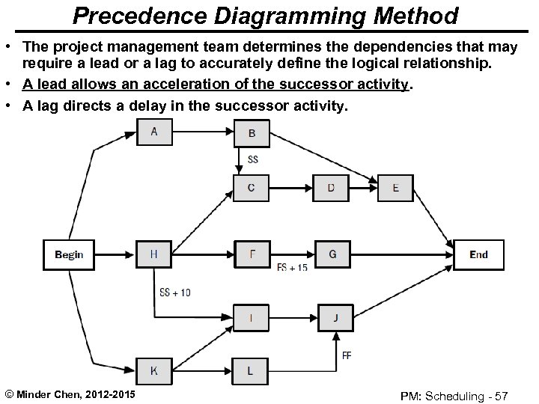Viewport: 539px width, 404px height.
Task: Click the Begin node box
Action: [x=69, y=254]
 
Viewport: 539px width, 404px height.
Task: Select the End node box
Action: [x=478, y=254]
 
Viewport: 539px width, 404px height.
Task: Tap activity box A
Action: [x=154, y=132]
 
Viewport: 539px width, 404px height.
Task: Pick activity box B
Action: [x=252, y=133]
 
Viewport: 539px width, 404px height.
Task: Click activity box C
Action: [x=252, y=188]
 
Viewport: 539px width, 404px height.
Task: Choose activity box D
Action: [x=331, y=188]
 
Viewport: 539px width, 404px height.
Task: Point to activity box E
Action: [x=395, y=188]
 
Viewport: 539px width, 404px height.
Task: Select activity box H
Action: [x=154, y=254]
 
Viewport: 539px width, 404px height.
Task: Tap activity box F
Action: [x=252, y=254]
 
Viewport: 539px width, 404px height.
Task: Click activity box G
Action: [x=332, y=254]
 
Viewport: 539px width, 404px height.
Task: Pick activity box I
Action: [x=252, y=318]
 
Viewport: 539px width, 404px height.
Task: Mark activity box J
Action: [x=336, y=318]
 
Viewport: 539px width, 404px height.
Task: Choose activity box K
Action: [x=154, y=370]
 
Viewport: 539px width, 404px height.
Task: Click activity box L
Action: [x=250, y=370]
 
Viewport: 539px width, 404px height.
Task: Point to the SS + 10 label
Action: [x=175, y=293]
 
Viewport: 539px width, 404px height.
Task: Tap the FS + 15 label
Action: [x=292, y=268]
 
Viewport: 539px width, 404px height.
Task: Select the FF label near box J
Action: [x=347, y=355]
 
